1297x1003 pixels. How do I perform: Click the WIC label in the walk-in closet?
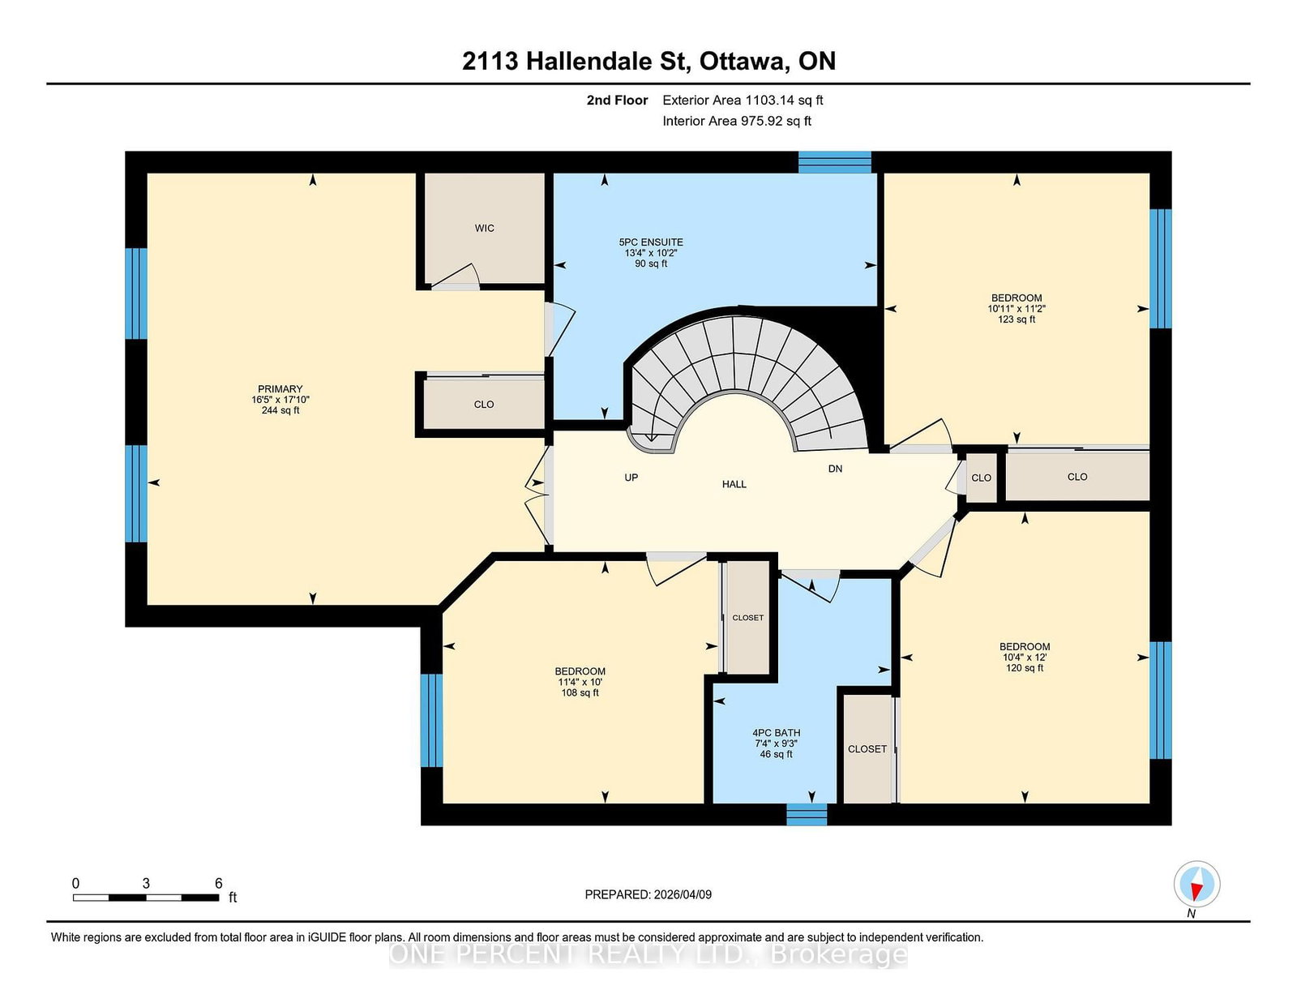pyautogui.click(x=484, y=228)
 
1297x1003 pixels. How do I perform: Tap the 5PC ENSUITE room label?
pyautogui.click(x=651, y=242)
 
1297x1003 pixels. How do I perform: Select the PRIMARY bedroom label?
pyautogui.click(x=280, y=388)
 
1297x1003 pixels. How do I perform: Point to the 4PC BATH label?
pyautogui.click(x=776, y=732)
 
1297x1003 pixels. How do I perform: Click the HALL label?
pyautogui.click(x=734, y=484)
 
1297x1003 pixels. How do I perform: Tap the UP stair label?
pyautogui.click(x=631, y=478)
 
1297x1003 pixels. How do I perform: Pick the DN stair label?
pyautogui.click(x=835, y=469)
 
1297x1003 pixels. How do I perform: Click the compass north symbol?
pyautogui.click(x=1196, y=884)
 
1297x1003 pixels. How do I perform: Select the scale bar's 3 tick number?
pyautogui.click(x=146, y=884)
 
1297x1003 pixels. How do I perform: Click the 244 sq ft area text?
pyautogui.click(x=280, y=411)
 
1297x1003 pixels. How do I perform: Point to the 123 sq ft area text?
pyautogui.click(x=1017, y=319)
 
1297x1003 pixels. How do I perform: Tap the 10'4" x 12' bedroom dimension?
pyautogui.click(x=1025, y=658)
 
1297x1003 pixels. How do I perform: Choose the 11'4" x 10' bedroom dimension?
pyautogui.click(x=580, y=682)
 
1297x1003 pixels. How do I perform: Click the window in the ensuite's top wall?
pyautogui.click(x=834, y=162)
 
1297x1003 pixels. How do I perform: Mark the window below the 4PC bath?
pyautogui.click(x=807, y=814)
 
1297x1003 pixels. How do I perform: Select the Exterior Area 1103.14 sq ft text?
pyautogui.click(x=743, y=101)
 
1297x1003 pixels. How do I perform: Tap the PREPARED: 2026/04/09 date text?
pyautogui.click(x=648, y=894)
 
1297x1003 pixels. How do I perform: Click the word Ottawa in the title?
pyautogui.click(x=742, y=62)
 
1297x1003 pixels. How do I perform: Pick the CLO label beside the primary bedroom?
pyautogui.click(x=483, y=405)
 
